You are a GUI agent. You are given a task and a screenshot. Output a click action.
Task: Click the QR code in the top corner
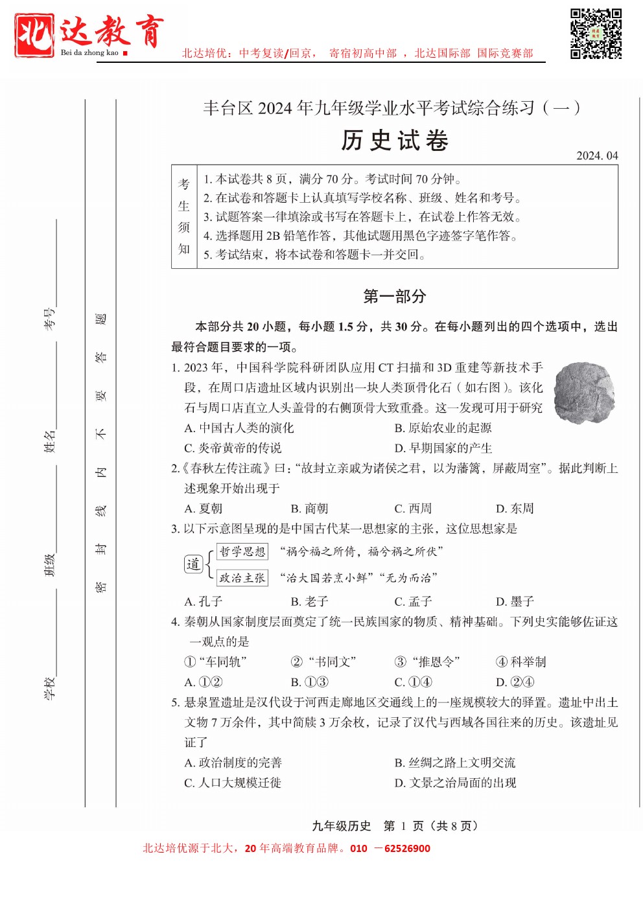pyautogui.click(x=596, y=34)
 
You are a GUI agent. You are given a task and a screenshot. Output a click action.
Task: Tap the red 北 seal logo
pyautogui.click(x=34, y=35)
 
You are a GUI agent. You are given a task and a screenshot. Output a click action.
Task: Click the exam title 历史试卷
pyautogui.click(x=395, y=141)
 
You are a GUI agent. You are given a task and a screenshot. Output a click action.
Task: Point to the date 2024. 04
pyautogui.click(x=597, y=155)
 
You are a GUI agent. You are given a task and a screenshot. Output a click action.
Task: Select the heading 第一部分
pyautogui.click(x=395, y=297)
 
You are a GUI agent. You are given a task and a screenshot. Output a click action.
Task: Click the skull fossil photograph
pyautogui.click(x=584, y=393)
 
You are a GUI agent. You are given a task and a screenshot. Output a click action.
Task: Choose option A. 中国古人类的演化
pyautogui.click(x=239, y=428)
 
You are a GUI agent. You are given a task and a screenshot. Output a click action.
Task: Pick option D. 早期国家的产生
pyautogui.click(x=443, y=448)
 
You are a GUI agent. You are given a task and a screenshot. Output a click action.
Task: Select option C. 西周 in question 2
pyautogui.click(x=413, y=509)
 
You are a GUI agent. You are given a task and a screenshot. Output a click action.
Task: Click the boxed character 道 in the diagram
pyautogui.click(x=193, y=564)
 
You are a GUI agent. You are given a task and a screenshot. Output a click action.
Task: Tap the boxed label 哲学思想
pyautogui.click(x=242, y=551)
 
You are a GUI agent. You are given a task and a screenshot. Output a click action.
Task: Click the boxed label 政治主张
pyautogui.click(x=242, y=577)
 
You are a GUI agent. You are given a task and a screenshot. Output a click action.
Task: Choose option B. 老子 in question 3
pyautogui.click(x=309, y=601)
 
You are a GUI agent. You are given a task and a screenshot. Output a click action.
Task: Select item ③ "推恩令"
pyautogui.click(x=427, y=662)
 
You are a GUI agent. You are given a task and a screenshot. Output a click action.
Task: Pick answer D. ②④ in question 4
pyautogui.click(x=515, y=682)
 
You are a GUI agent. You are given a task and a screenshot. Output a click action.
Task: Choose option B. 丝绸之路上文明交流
pyautogui.click(x=455, y=763)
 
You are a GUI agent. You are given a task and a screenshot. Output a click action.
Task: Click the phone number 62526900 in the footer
pyautogui.click(x=407, y=848)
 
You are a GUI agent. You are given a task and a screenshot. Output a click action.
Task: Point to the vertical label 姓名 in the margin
pyautogui.click(x=50, y=441)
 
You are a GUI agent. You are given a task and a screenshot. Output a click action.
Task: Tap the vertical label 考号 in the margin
pyautogui.click(x=50, y=319)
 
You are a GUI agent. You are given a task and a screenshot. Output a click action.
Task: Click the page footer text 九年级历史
pyautogui.click(x=341, y=825)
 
